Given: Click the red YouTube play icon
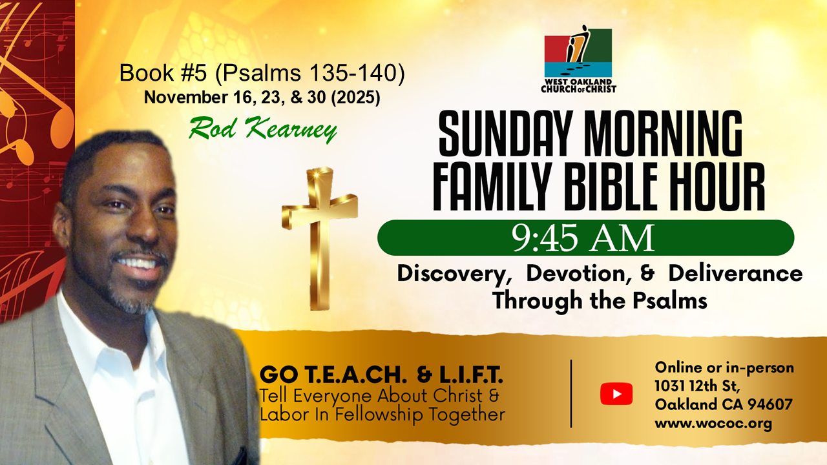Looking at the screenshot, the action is pyautogui.click(x=616, y=394).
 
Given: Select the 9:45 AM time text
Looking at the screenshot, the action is pyautogui.click(x=583, y=238).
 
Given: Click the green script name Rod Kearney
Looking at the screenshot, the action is pyautogui.click(x=262, y=129).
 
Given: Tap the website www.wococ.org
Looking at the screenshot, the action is pyautogui.click(x=713, y=424).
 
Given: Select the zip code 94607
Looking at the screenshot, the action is pyautogui.click(x=770, y=404).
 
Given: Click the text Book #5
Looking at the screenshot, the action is pyautogui.click(x=163, y=73).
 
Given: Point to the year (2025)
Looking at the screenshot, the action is pyautogui.click(x=355, y=98).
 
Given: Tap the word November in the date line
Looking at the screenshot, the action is pyautogui.click(x=186, y=98).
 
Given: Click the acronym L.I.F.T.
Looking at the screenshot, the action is pyautogui.click(x=471, y=375).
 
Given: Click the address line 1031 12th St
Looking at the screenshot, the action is pyautogui.click(x=697, y=386).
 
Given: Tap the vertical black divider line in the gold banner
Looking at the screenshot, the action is pyautogui.click(x=571, y=393).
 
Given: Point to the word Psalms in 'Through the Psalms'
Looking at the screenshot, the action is pyautogui.click(x=670, y=300).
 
